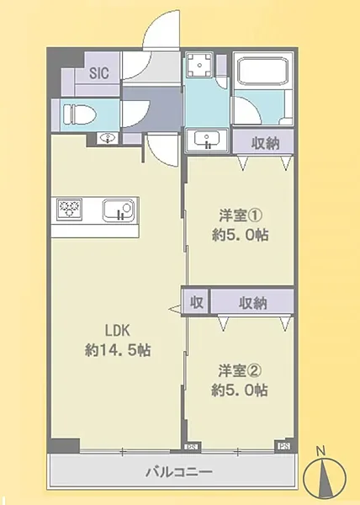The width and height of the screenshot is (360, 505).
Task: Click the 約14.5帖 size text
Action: click(118, 348)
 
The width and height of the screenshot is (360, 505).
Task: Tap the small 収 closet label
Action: click(195, 300)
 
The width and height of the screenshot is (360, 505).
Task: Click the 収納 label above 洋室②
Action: click(252, 300)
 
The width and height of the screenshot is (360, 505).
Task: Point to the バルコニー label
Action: click(175, 473)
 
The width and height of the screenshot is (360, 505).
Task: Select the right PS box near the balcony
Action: click(283, 447)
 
